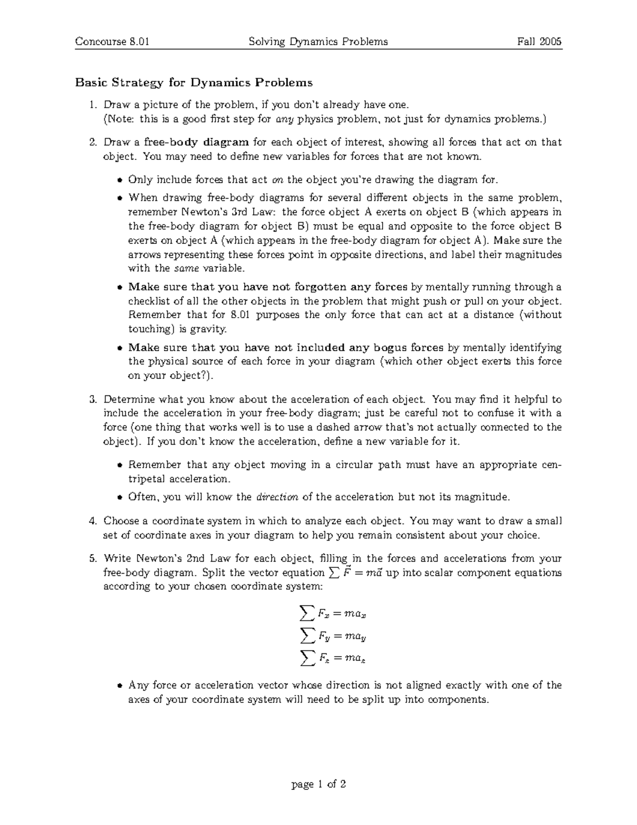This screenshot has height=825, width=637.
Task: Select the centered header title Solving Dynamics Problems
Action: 318,41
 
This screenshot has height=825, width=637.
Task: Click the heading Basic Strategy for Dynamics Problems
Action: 194,82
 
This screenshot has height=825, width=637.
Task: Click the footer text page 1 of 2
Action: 318,784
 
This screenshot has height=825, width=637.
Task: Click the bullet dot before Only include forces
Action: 120,180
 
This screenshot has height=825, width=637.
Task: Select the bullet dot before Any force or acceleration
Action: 120,686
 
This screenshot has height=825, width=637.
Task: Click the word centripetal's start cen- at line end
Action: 550,465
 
